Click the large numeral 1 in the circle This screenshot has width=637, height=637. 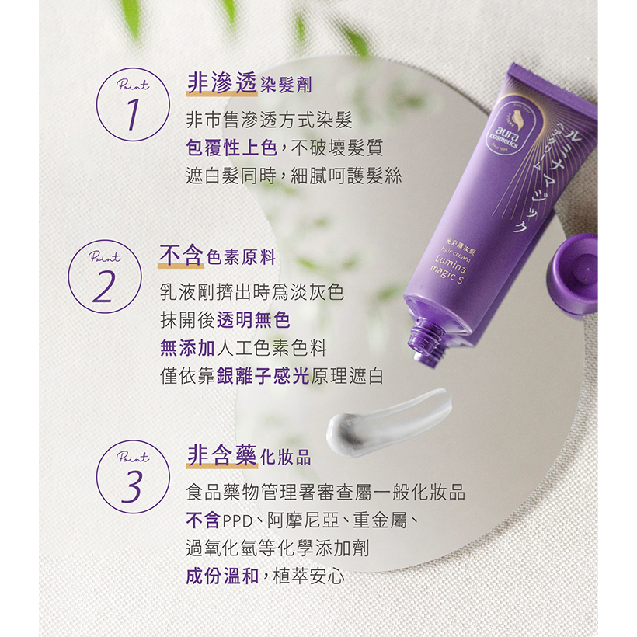point(133,114)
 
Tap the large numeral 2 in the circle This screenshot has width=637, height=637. point(104,287)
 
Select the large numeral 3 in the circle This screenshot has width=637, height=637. point(132,486)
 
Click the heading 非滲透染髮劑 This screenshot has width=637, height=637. point(249,84)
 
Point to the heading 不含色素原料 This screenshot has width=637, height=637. point(218,256)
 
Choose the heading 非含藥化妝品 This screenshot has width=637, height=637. point(249,456)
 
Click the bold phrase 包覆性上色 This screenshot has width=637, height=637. point(231,148)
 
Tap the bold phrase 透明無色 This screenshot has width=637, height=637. point(253,320)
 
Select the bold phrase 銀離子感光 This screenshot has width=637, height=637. point(263,376)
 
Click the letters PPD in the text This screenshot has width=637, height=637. point(238,520)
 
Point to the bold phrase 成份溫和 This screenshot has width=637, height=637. point(223,576)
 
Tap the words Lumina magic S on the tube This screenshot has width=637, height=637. point(448,270)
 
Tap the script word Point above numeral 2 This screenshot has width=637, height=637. point(105,256)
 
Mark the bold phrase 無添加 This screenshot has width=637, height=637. point(188,348)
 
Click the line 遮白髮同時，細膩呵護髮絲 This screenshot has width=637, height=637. point(294,176)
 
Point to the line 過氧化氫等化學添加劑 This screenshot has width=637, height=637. point(277,548)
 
